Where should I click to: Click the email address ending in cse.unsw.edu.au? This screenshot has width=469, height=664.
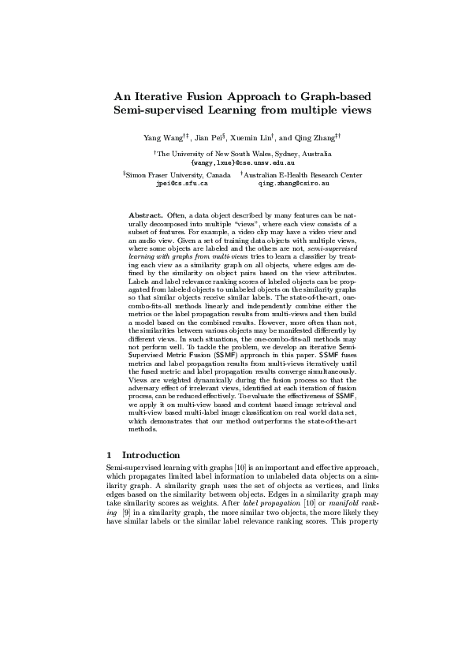coord(233,161)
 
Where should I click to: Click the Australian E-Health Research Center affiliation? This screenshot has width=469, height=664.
coord(303,173)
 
